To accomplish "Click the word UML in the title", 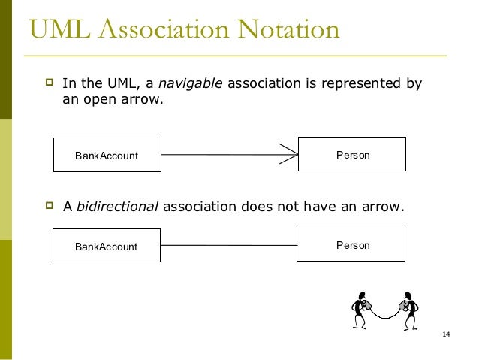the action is click(60, 29).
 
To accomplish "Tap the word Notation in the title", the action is click(288, 29).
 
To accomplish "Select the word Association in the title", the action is click(164, 29).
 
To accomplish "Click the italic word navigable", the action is click(190, 84).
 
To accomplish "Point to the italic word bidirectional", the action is click(117, 206).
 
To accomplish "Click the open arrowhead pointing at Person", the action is click(289, 154).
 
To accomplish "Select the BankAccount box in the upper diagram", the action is click(107, 155).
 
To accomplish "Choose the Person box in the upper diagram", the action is click(352, 154).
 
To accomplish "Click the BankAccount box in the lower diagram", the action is click(107, 245).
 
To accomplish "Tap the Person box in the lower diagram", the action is click(351, 245).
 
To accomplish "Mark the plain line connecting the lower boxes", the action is click(228, 245).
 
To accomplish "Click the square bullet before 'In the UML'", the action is click(50, 82).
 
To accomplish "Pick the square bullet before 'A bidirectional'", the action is click(50, 205).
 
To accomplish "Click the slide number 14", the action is click(446, 334).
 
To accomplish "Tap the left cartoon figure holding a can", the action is click(361, 310).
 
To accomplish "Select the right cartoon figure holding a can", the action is click(409, 310).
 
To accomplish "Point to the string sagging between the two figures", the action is click(385, 317).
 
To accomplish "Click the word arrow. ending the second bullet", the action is click(383, 207).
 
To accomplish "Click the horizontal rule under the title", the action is click(236, 56).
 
